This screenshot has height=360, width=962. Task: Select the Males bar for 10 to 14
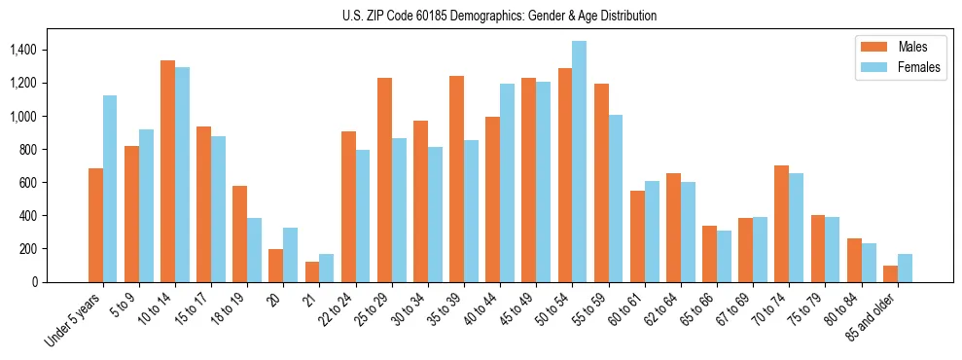coord(167,171)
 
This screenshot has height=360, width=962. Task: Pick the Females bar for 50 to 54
coord(579,162)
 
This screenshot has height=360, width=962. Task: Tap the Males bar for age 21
coord(311,271)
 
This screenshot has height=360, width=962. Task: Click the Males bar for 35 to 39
coord(456,179)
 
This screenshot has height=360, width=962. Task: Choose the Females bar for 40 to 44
coord(507,183)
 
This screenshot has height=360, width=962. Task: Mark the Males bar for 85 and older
coord(890,273)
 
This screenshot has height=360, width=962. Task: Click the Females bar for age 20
coord(290,255)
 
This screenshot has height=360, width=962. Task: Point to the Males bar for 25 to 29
coord(384,180)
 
